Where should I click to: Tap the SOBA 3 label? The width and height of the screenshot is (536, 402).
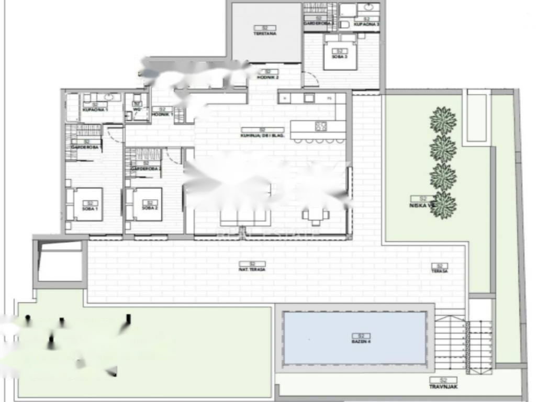coord(340,55)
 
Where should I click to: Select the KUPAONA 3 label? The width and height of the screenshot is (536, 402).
coord(366,24)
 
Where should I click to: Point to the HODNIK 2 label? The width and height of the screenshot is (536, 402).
coord(267,77)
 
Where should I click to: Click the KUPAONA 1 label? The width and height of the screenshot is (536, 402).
coord(95,110)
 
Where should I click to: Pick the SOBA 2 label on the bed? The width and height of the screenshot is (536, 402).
coord(149,208)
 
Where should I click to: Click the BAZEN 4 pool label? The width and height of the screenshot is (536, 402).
coord(361,341)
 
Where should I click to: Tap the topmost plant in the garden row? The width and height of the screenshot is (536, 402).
coord(443,120)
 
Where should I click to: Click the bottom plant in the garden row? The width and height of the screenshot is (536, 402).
coord(443,205)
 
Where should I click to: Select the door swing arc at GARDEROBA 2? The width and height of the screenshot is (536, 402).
coord(172,154)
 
